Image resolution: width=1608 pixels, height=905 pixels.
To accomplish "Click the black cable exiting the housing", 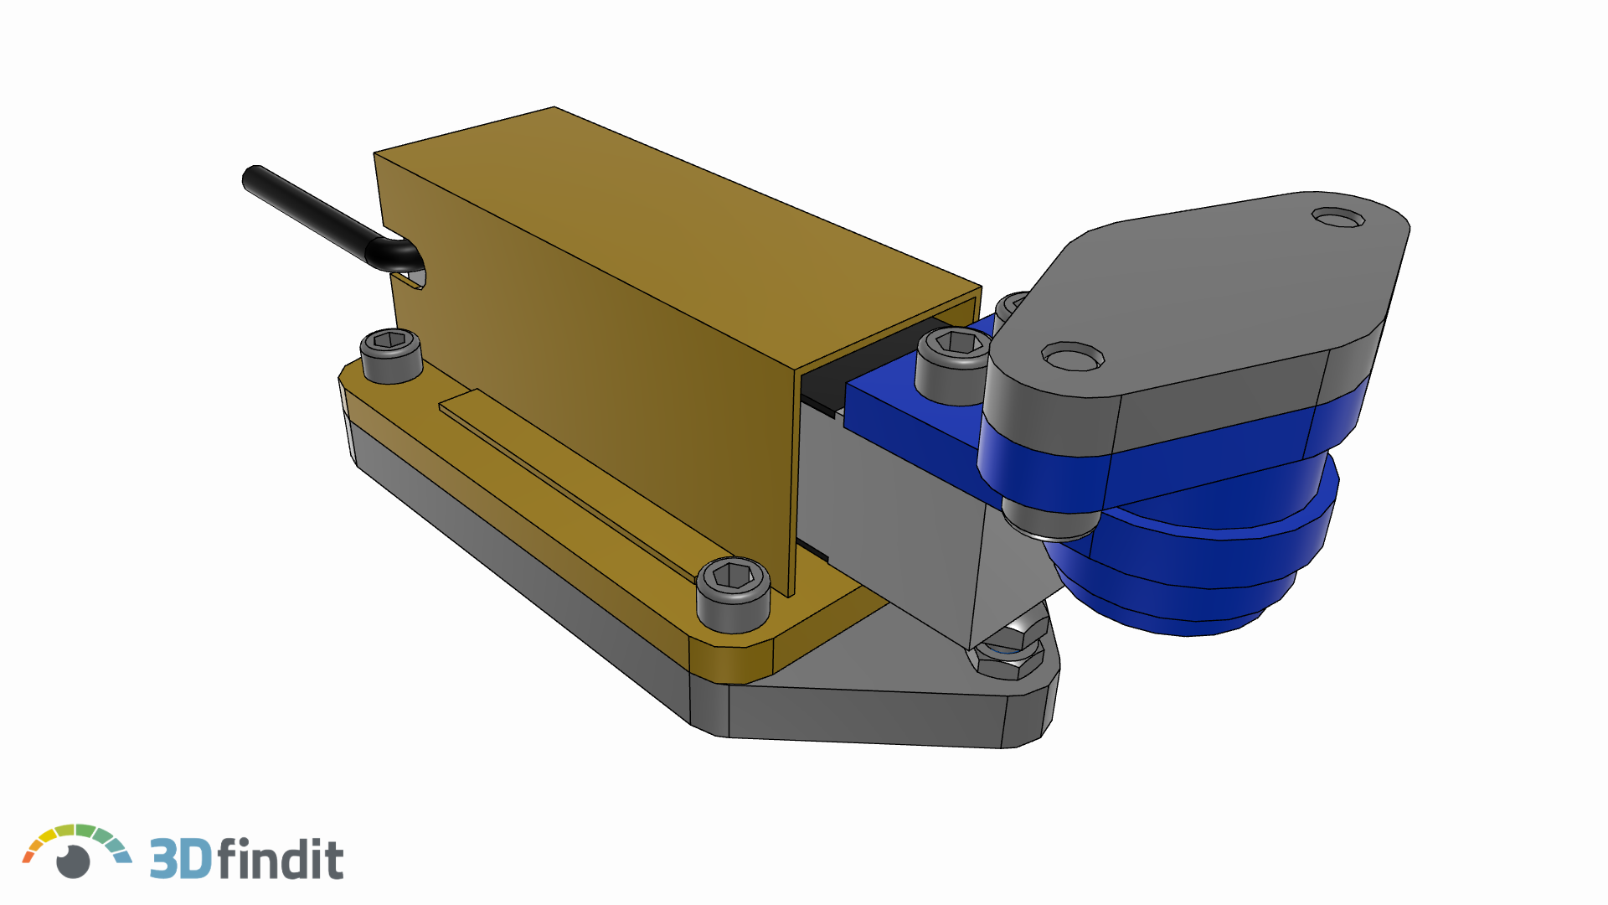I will pyautogui.click(x=310, y=214).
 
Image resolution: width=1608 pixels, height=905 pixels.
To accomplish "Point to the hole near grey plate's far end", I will pyautogui.click(x=1338, y=219).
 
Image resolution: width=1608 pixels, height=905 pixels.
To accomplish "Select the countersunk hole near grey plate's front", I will pyautogui.click(x=1072, y=358).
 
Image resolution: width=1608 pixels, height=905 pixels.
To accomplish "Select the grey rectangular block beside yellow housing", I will pyautogui.click(x=888, y=520).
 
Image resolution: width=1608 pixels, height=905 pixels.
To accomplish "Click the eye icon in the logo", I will pyautogui.click(x=74, y=861).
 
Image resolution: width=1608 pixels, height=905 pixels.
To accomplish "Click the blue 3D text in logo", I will pyautogui.click(x=179, y=858).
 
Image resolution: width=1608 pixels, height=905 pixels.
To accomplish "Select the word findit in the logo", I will pyautogui.click(x=281, y=858).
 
